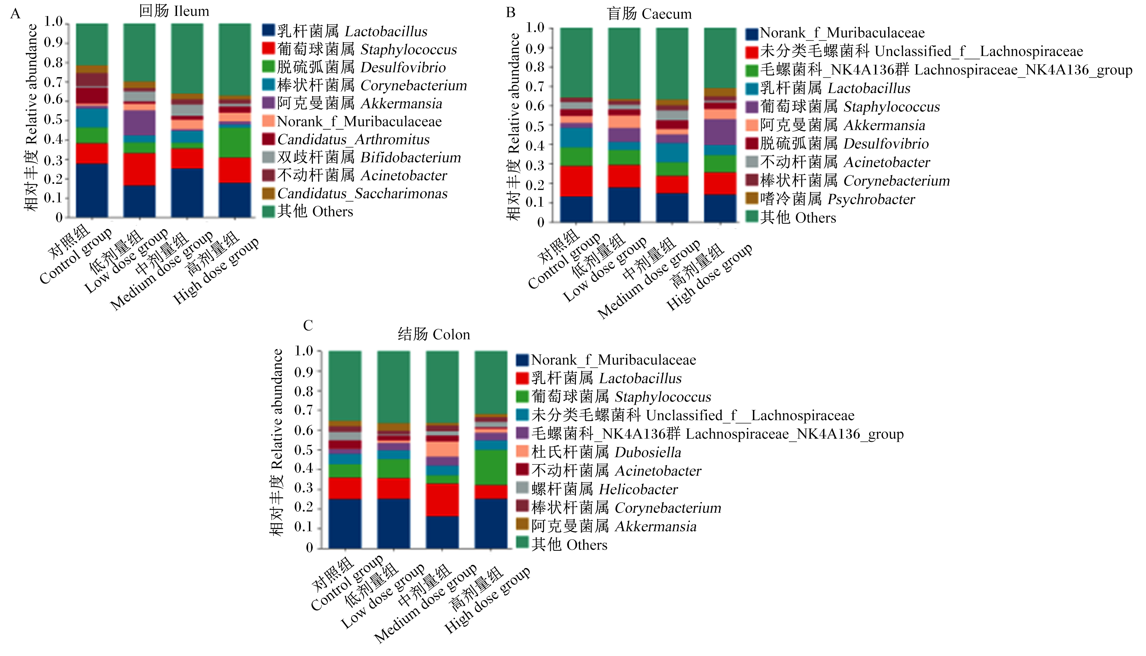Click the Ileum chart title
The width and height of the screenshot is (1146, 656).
pos(174,11)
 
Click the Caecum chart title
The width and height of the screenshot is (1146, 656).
pos(649,14)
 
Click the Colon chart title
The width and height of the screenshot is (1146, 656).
pos(434,334)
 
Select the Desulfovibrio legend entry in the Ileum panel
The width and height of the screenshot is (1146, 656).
pos(354,67)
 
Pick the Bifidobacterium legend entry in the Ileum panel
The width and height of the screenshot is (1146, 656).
pos(361,157)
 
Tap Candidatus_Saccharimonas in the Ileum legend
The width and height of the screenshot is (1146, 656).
pos(355,193)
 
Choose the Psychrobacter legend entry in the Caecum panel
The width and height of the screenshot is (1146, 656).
pos(830,199)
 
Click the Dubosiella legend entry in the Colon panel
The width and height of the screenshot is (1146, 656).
pos(598,452)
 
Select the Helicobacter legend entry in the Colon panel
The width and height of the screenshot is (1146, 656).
pos(597,489)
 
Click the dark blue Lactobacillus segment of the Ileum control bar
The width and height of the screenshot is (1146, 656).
pos(92,190)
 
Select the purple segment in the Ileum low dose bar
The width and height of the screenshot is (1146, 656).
pos(140,122)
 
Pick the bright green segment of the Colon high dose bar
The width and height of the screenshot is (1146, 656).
pos(491,467)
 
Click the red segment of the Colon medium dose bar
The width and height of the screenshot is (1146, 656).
pos(442,500)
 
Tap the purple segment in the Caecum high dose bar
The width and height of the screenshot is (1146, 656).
pos(720,132)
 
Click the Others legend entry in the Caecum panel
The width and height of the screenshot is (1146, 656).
pos(791,217)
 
